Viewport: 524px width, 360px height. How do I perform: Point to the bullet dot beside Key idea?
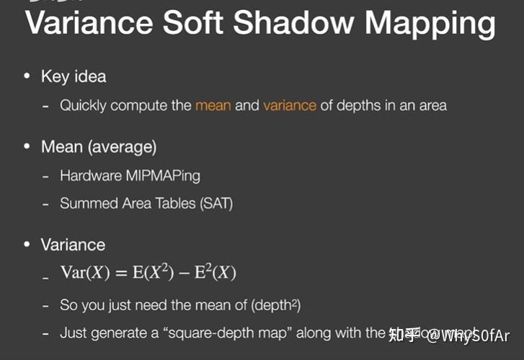tap(27, 76)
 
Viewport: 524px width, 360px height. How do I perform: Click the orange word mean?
tap(213, 105)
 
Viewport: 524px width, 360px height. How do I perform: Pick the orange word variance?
tap(290, 105)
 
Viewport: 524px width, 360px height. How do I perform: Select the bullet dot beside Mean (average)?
tap(27, 146)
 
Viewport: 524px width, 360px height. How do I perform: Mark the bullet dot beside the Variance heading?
tap(27, 245)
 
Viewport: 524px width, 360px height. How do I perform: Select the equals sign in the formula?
tap(122, 273)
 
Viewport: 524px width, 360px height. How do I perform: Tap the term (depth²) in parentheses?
tap(276, 305)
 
